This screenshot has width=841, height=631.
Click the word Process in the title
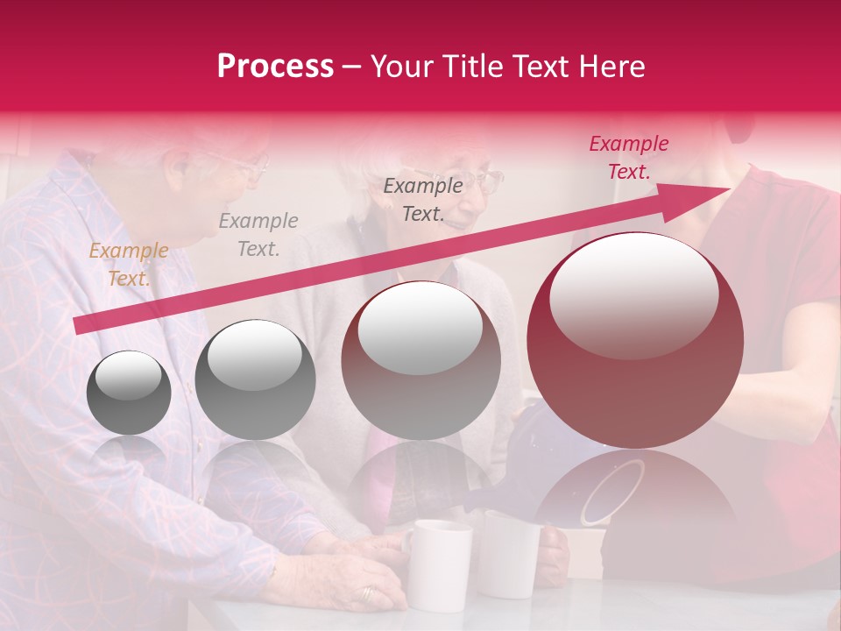click(x=275, y=67)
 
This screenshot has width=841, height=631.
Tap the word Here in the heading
click(x=611, y=67)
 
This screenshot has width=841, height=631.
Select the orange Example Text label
click(x=128, y=264)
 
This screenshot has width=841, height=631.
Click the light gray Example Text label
click(x=258, y=234)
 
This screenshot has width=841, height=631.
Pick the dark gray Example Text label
click(x=423, y=199)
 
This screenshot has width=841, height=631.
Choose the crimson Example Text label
click(x=629, y=158)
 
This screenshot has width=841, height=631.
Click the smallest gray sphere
click(x=129, y=392)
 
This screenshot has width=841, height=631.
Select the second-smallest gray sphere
click(x=255, y=379)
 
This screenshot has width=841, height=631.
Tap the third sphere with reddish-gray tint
click(x=420, y=359)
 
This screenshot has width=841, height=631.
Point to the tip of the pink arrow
click(x=728, y=189)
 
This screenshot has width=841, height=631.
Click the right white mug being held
click(x=509, y=552)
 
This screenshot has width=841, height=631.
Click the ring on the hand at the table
click(x=366, y=593)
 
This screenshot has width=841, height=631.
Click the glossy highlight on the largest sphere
click(x=633, y=295)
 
